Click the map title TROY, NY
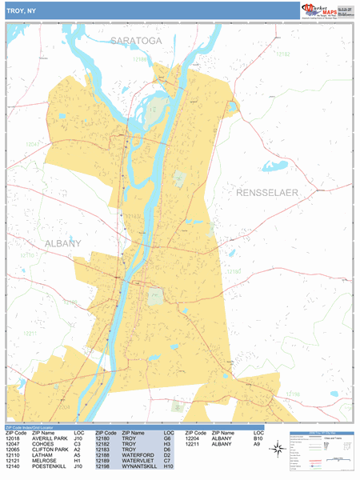click(23, 10)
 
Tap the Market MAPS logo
click(327, 10)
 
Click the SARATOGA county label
click(136, 40)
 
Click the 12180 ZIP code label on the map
click(233, 272)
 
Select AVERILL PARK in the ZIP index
click(49, 439)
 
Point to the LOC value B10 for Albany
click(258, 439)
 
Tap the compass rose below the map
click(276, 450)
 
